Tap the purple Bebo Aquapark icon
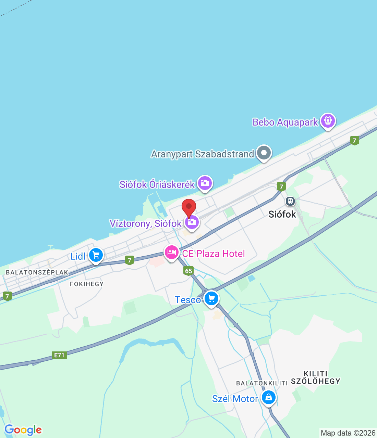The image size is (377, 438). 328,121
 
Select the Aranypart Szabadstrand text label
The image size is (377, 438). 203,154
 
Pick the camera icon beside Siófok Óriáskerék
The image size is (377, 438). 205,183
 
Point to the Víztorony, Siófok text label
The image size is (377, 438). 146,223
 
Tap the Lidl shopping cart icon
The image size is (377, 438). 96,255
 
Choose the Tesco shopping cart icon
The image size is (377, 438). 211,299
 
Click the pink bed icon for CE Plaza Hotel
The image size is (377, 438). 171,253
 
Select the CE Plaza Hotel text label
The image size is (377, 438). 214,254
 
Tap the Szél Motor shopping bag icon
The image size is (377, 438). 269,398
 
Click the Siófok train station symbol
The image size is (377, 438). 290,201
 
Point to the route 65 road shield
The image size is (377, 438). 188,271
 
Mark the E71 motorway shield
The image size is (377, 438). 59,355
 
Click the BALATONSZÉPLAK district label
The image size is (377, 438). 37,272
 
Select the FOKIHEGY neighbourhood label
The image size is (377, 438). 87,284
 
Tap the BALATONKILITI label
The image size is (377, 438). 262,383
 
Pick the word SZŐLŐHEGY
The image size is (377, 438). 316,381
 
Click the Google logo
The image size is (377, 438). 23,430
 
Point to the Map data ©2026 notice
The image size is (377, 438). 348,433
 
